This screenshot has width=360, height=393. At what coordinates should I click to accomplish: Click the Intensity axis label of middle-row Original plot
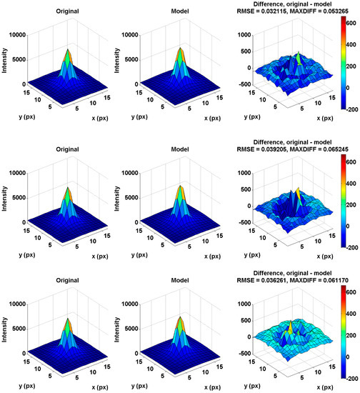[x=6, y=191]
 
